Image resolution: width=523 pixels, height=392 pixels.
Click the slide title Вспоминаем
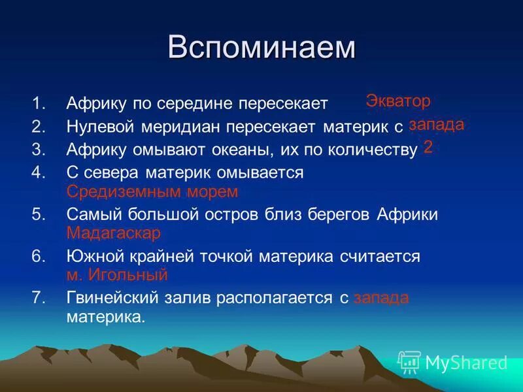pyautogui.click(x=261, y=48)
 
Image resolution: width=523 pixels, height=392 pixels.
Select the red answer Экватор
pyautogui.click(x=398, y=101)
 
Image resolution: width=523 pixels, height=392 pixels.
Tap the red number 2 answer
pyautogui.click(x=428, y=146)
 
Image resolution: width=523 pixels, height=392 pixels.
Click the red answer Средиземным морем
pyautogui.click(x=152, y=191)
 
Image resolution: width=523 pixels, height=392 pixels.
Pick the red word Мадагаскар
pyautogui.click(x=113, y=233)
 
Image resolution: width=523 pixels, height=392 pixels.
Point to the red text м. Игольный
pyautogui.click(x=117, y=275)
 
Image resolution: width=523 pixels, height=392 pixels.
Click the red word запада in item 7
pyautogui.click(x=380, y=298)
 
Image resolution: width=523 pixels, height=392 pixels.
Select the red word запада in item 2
pyautogui.click(x=436, y=124)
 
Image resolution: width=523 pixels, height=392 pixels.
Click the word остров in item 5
pyautogui.click(x=233, y=214)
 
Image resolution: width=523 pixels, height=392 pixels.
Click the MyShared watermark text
pyautogui.click(x=466, y=362)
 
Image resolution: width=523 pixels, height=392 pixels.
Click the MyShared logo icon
pyautogui.click(x=409, y=361)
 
